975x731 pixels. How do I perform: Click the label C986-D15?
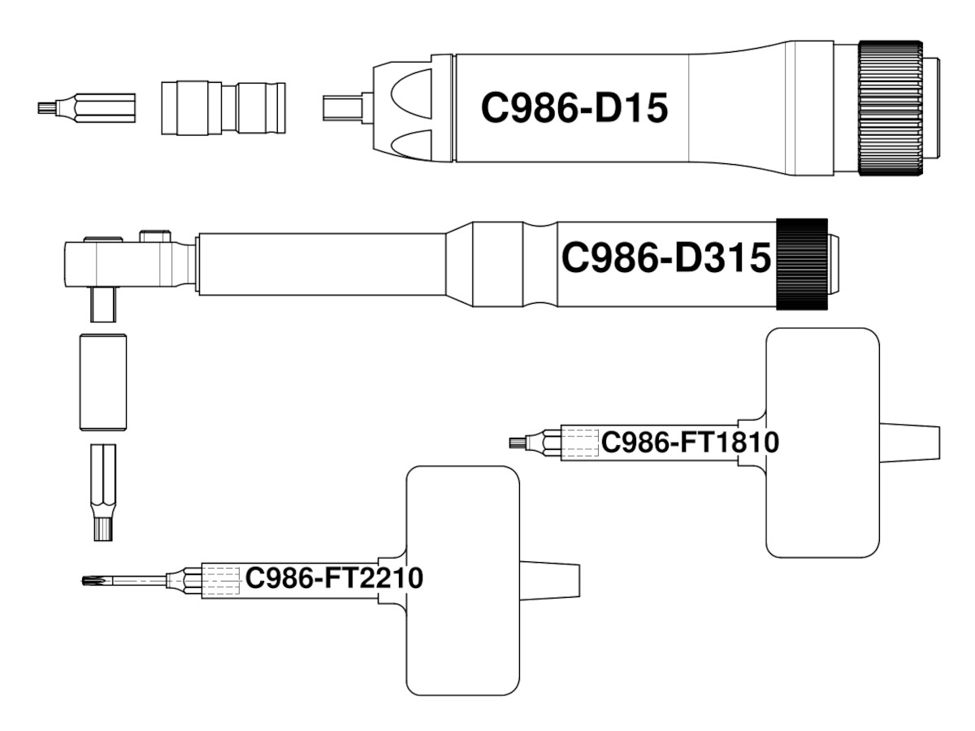tap(574, 107)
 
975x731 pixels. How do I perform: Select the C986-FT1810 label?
tap(690, 443)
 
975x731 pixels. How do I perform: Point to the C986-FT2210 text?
tap(334, 579)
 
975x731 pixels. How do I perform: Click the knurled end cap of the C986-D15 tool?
tap(891, 107)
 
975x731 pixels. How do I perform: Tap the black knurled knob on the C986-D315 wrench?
tap(802, 263)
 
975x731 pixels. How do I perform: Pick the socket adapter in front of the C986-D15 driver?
tap(223, 107)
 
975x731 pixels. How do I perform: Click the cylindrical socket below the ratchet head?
tap(102, 382)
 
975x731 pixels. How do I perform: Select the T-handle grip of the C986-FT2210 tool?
tap(461, 579)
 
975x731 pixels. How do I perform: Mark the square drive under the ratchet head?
tap(103, 305)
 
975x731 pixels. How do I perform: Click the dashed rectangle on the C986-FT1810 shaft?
tap(582, 443)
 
